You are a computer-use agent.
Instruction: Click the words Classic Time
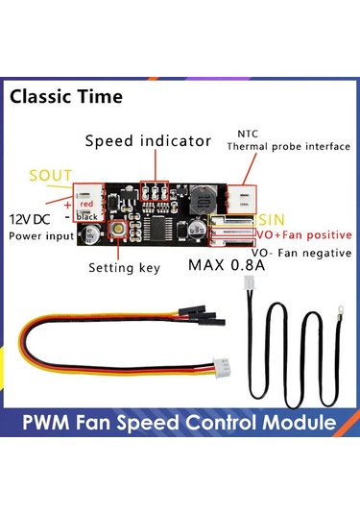(67, 97)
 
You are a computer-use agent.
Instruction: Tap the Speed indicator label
(148, 141)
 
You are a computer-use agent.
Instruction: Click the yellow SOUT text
(50, 176)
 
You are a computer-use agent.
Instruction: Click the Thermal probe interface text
(275, 148)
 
